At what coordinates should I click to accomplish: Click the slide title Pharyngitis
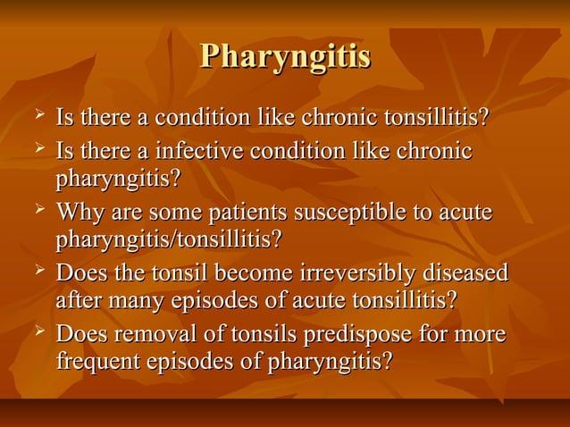[285, 56]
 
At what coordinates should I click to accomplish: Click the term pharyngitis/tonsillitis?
[169, 239]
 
